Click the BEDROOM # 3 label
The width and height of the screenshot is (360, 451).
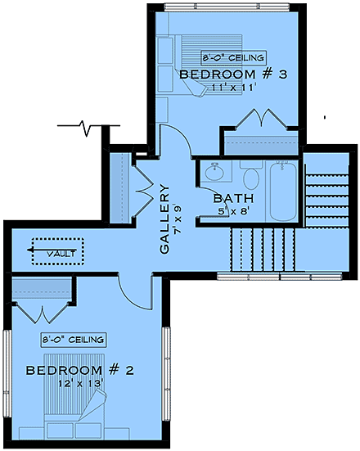tap(233, 74)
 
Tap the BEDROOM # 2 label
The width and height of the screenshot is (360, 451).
tap(80, 371)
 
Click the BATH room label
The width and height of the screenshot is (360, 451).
tap(233, 198)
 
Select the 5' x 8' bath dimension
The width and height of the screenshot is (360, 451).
tap(232, 212)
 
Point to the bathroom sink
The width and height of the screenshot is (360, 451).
tap(215, 173)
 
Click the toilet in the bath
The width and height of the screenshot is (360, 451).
tap(251, 178)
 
